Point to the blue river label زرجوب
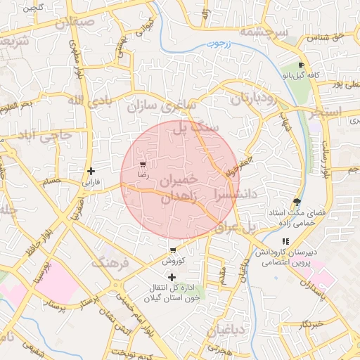pos(219,44)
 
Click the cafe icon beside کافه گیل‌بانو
pos(302,65)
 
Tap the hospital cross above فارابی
pos(91,171)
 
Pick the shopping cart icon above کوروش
pos(172,250)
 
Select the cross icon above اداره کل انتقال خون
pos(172,277)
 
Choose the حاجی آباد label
pos(44,134)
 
